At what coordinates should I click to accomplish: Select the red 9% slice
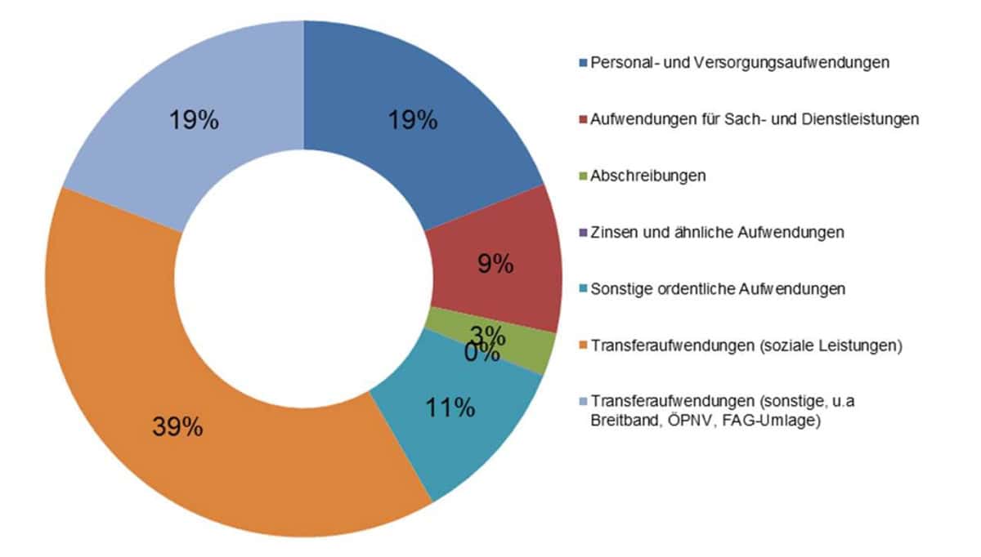point(523,245)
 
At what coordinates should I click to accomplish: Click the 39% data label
point(177,427)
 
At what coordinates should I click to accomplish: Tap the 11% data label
point(450,407)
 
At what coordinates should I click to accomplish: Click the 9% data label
point(495,264)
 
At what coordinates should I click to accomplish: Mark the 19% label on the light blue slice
point(194,121)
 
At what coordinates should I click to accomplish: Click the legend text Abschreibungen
point(647,176)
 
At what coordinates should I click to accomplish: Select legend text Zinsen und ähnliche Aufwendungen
point(717,233)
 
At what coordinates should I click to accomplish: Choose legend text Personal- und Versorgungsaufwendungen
point(740,62)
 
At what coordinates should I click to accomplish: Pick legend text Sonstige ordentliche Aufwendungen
point(717,290)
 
